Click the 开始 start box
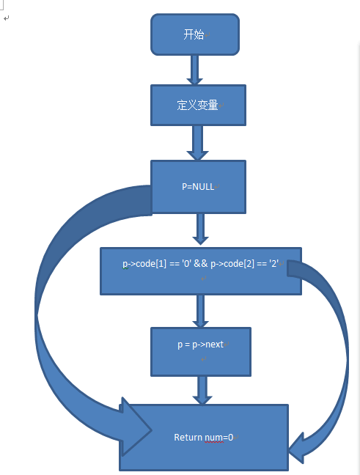[x=195, y=34]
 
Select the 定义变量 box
[x=198, y=105]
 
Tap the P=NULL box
[x=198, y=187]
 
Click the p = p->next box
[x=201, y=352]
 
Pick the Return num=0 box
[x=204, y=438]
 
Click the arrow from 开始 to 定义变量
[x=194, y=70]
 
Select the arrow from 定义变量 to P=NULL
[x=197, y=143]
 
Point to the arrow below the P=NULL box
[x=200, y=229]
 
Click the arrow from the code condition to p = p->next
[x=200, y=311]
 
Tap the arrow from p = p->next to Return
[x=202, y=391]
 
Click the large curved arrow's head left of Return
[x=135, y=427]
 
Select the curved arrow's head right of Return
[x=297, y=448]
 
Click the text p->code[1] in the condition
[x=144, y=264]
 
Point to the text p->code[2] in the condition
[x=232, y=264]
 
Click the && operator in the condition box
[x=201, y=264]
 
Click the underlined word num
[x=213, y=438]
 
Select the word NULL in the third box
[x=203, y=187]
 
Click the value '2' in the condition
[x=273, y=264]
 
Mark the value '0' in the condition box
[x=187, y=264]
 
